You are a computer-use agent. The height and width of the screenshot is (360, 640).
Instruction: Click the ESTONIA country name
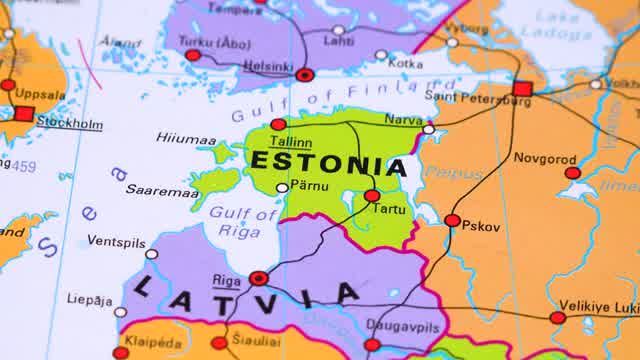(x=328, y=163)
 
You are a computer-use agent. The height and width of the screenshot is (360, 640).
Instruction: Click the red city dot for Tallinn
(x=278, y=125)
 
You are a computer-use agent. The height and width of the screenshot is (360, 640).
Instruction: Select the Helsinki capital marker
(x=305, y=74)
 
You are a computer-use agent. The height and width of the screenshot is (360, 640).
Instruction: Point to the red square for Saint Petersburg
(x=522, y=89)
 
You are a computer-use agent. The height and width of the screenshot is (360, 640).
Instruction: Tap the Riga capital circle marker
(x=258, y=278)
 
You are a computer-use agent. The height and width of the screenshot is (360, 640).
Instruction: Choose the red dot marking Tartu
(x=372, y=196)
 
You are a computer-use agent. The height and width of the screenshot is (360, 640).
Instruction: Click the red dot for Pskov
(x=452, y=220)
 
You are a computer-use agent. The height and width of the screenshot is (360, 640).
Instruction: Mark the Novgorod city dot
(x=572, y=173)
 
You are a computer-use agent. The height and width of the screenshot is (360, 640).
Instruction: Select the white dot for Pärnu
(x=283, y=187)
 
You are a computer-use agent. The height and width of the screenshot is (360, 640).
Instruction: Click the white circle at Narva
(x=428, y=129)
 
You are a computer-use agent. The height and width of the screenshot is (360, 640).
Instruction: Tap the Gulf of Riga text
(x=242, y=221)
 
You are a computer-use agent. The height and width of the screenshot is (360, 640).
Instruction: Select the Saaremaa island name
(x=162, y=189)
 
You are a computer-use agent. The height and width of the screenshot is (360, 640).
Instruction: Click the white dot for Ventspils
(x=152, y=254)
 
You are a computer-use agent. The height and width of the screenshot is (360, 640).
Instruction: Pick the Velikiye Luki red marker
(x=557, y=318)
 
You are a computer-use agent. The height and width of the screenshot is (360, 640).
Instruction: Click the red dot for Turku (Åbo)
(x=193, y=55)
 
